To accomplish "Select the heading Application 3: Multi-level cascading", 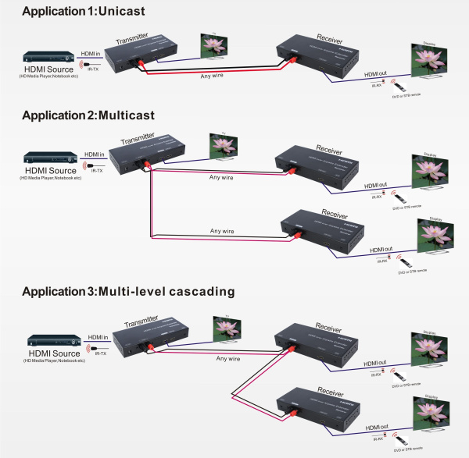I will pyautogui.click(x=128, y=292).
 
